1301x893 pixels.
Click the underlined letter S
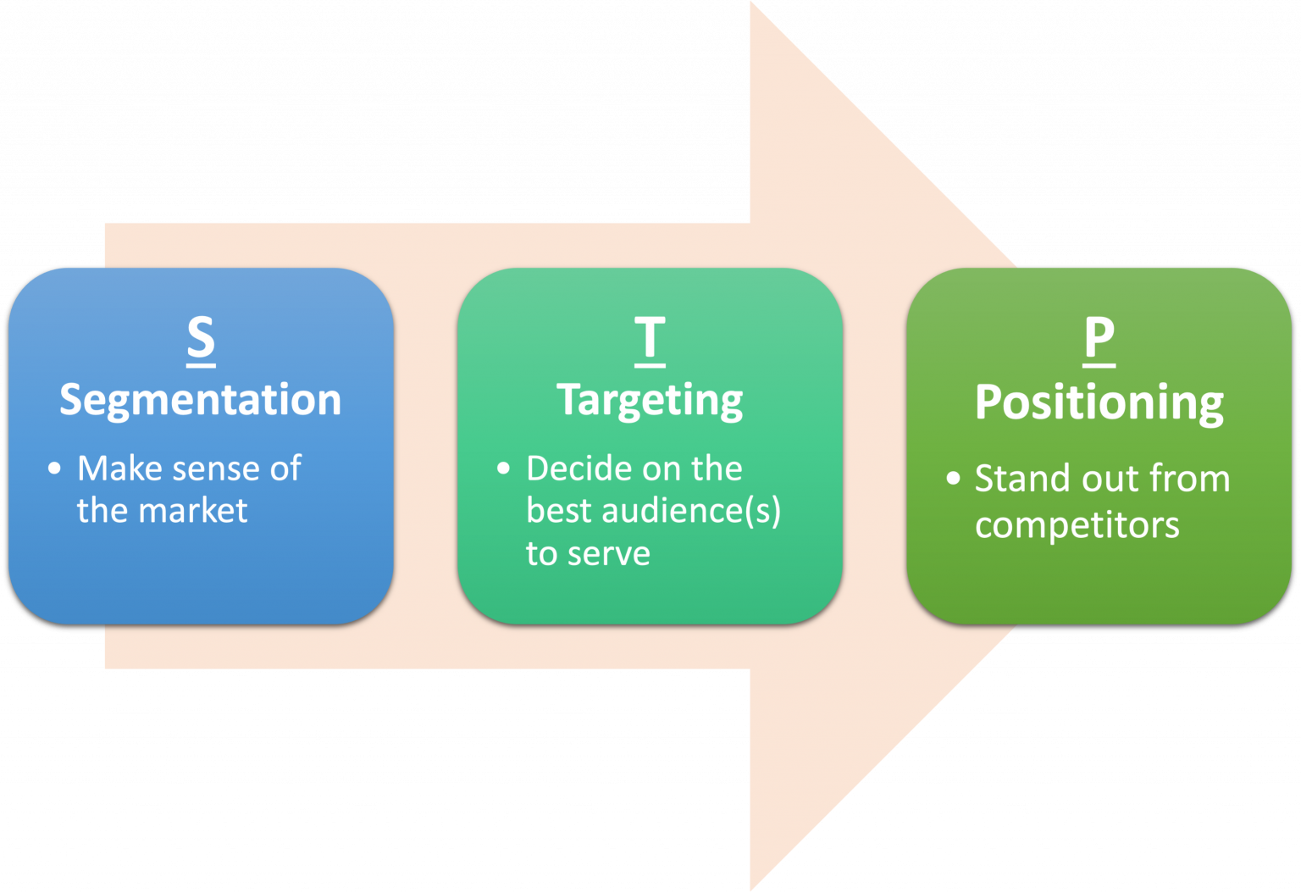coord(201,338)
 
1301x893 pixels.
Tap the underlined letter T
coord(650,339)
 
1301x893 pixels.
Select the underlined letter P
coord(1099,339)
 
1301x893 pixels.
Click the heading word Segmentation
coord(200,399)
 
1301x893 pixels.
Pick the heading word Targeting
coord(650,401)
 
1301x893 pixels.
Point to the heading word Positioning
coord(1099,402)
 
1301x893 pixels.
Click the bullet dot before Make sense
coord(55,469)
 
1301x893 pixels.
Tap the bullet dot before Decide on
coord(504,469)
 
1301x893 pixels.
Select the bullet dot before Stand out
coord(953,479)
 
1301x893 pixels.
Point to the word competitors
coord(1077,525)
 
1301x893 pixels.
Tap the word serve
coord(608,554)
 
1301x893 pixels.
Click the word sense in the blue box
coord(212,469)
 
